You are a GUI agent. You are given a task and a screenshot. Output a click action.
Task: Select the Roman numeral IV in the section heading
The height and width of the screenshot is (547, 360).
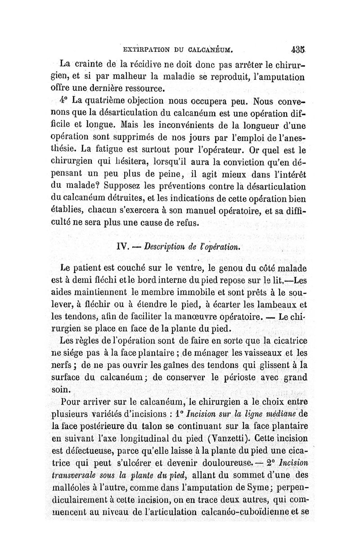[123, 246]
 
